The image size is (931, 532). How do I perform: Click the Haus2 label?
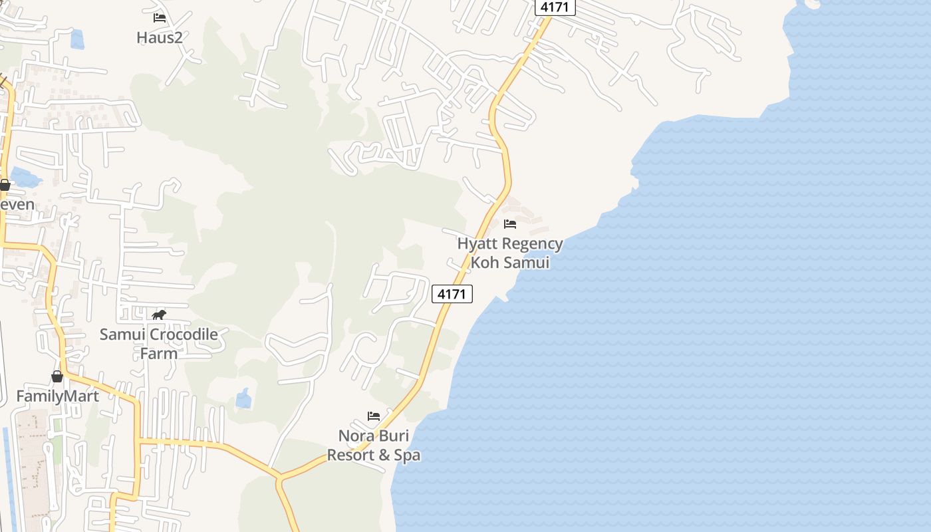click(x=160, y=37)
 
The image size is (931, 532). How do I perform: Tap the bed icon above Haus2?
click(x=160, y=18)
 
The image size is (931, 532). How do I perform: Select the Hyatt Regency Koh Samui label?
click(x=510, y=253)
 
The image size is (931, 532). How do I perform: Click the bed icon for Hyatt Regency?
click(x=510, y=224)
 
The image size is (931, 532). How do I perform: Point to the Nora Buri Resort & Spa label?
click(x=374, y=446)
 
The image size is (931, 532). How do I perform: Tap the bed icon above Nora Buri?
click(x=374, y=416)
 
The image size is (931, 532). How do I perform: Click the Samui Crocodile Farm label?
click(x=159, y=343)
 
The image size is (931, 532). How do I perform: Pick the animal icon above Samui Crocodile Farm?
click(x=159, y=315)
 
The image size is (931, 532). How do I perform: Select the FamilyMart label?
click(x=57, y=396)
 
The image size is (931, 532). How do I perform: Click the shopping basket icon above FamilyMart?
click(x=57, y=376)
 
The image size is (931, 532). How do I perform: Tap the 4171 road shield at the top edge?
click(x=555, y=7)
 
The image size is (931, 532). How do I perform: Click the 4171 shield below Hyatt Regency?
click(x=452, y=294)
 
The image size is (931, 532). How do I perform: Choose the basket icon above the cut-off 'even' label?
click(x=5, y=185)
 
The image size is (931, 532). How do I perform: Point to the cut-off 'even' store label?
click(x=17, y=204)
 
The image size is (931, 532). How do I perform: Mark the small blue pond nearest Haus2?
click(x=77, y=39)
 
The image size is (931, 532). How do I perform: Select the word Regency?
click(x=533, y=244)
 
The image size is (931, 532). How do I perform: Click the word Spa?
click(x=407, y=456)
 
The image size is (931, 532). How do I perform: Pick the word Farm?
click(x=159, y=353)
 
